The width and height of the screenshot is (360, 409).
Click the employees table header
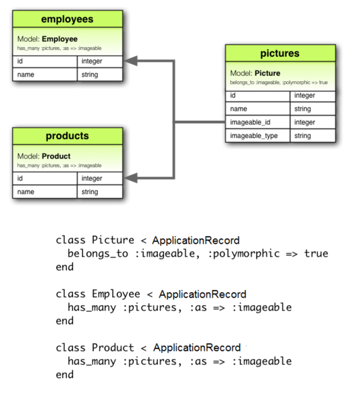coord(67,19)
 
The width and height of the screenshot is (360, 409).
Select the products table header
coord(67,136)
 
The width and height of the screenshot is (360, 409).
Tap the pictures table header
coord(280,53)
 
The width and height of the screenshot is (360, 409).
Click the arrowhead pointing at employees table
coord(129,61)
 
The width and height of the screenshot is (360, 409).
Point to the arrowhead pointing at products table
coord(129,178)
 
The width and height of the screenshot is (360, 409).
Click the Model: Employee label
coord(47,39)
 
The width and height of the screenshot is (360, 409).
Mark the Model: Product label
coord(44,156)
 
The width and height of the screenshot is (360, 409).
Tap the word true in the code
coord(316,253)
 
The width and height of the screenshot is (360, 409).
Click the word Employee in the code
coord(116,294)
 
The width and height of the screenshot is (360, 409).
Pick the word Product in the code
coord(113,348)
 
